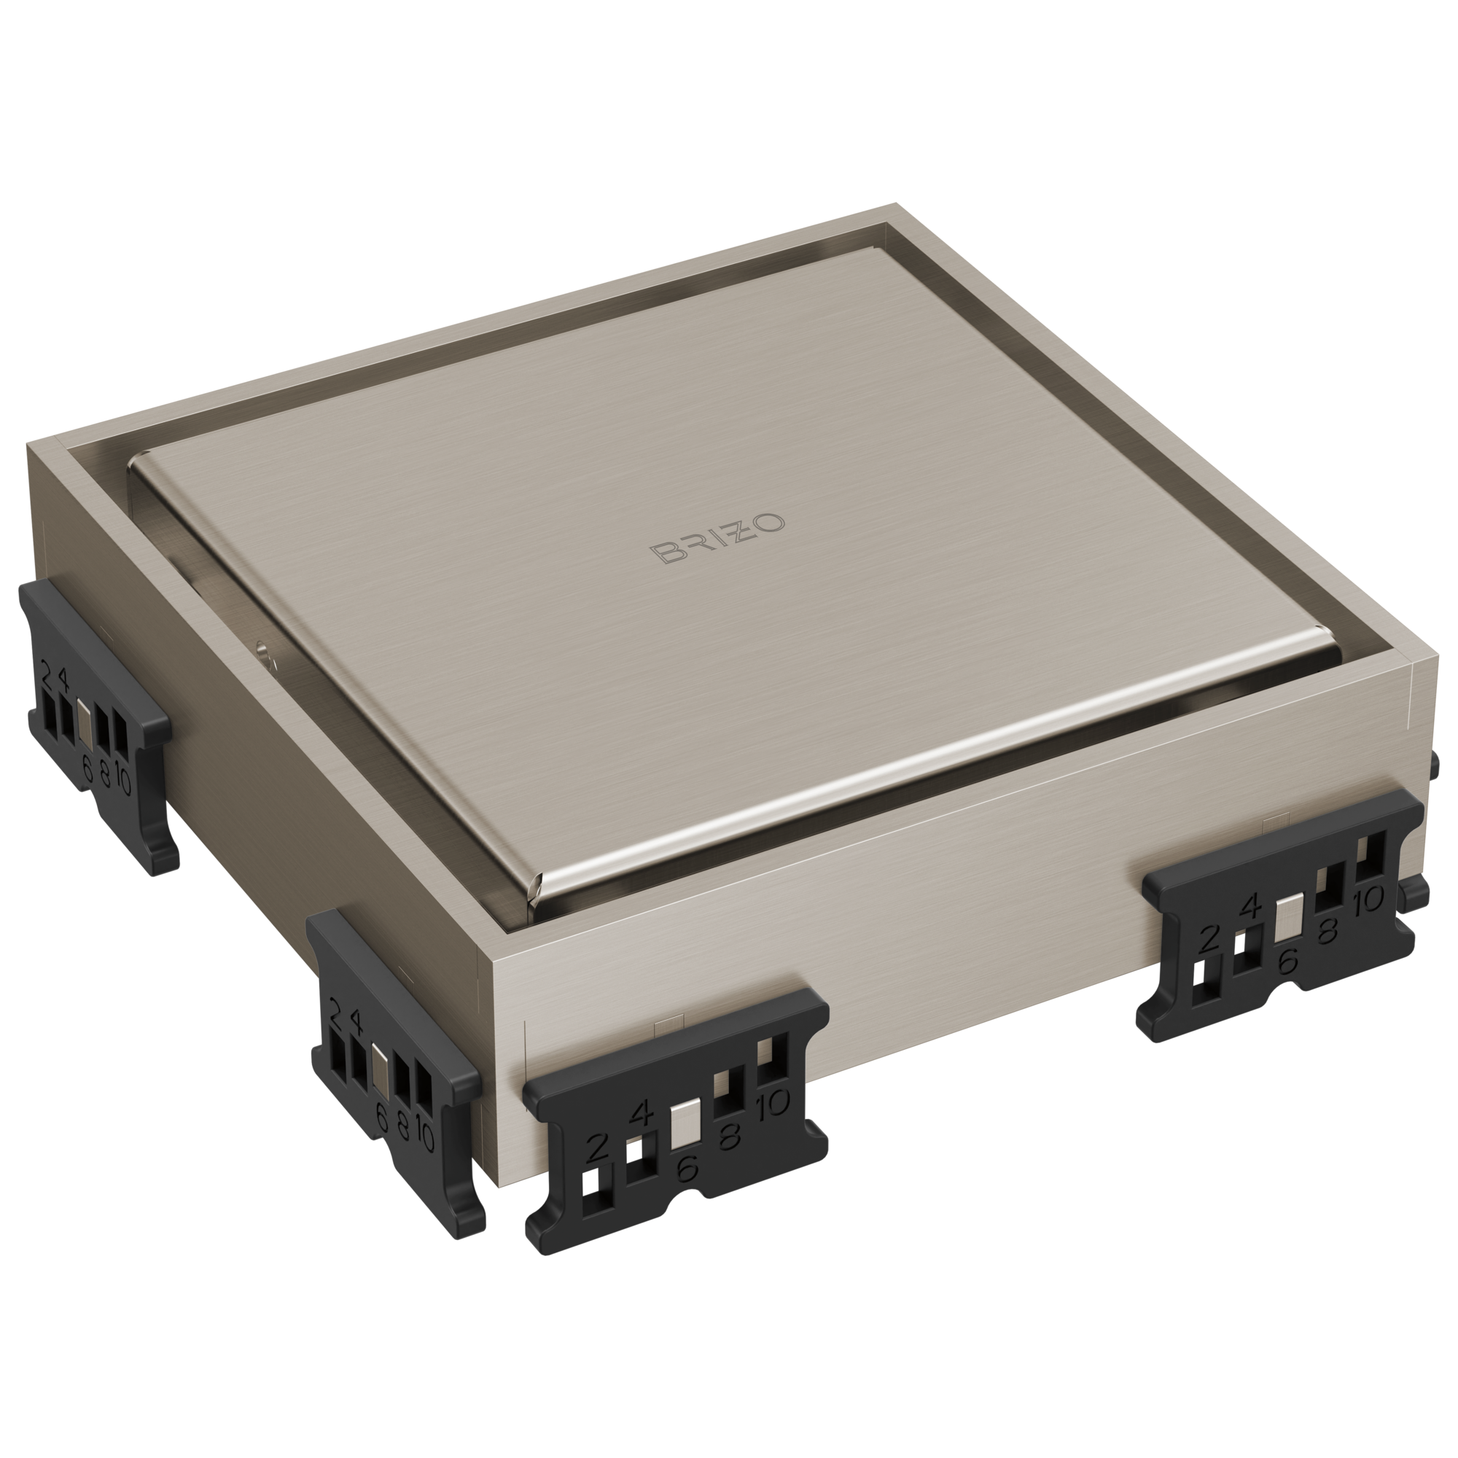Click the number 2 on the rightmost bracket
tap(1209, 940)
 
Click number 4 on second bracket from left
tap(356, 1024)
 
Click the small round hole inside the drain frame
tap(261, 647)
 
